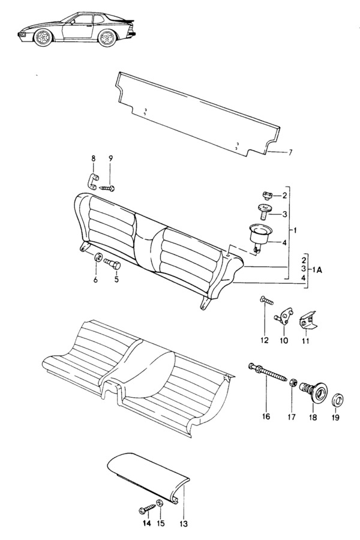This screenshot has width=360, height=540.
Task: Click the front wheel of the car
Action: pos(43,38)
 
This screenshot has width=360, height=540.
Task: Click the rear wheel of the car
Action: pos(107,38)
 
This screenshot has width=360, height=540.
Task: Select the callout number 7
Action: pos(290,152)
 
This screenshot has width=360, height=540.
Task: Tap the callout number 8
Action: pos(94,158)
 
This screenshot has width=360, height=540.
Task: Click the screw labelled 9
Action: pos(107,188)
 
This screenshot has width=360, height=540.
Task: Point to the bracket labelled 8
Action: pos(92,181)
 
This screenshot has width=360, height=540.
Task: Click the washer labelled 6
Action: pos(98,257)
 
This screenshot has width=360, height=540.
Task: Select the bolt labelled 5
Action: pos(113,266)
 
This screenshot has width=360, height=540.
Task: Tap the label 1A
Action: pos(317,271)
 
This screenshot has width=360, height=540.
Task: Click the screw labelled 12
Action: pos(266,301)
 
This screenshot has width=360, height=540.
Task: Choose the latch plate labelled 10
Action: pos(284,316)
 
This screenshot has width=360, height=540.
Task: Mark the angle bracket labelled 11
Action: pos(307,322)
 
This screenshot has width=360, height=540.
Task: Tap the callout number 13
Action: pos(184,524)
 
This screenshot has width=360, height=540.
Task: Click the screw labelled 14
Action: pos(148,509)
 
